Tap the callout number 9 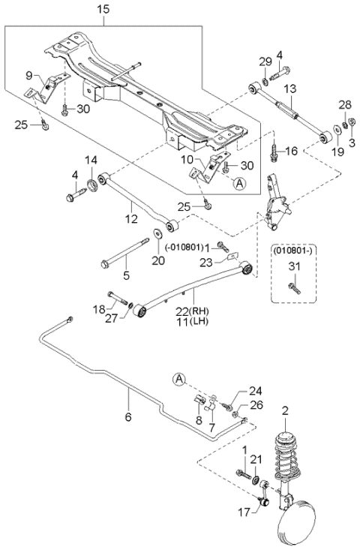(29, 75)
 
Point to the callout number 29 (263, 60)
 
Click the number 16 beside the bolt (292, 152)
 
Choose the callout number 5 (126, 275)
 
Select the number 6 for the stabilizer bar (128, 416)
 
